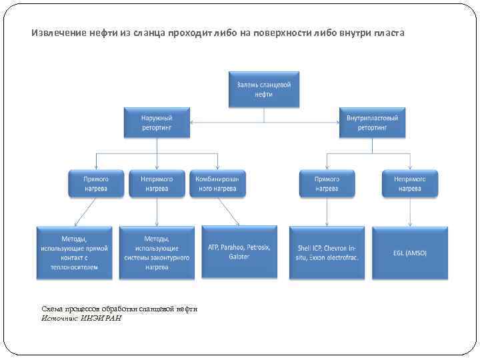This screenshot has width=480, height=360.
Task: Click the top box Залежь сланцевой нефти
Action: [264, 89]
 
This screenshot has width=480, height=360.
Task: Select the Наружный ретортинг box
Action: [156, 123]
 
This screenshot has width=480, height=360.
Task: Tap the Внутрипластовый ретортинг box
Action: [372, 123]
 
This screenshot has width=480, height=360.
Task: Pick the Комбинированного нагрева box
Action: [217, 183]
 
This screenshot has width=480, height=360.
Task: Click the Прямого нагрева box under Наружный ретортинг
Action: [96, 183]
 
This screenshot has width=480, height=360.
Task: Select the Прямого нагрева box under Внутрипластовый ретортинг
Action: [327, 183]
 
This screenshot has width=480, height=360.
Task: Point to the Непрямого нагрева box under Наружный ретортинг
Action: [156, 183]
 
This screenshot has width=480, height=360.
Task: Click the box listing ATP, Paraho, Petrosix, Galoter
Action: [239, 252]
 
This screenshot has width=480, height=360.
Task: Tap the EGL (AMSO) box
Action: [409, 252]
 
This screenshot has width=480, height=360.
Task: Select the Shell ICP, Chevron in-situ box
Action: [327, 252]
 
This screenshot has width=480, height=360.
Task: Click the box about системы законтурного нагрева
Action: [156, 252]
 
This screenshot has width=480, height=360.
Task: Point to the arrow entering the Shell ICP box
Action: [327, 212]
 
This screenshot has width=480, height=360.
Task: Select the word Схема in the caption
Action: [53, 309]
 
